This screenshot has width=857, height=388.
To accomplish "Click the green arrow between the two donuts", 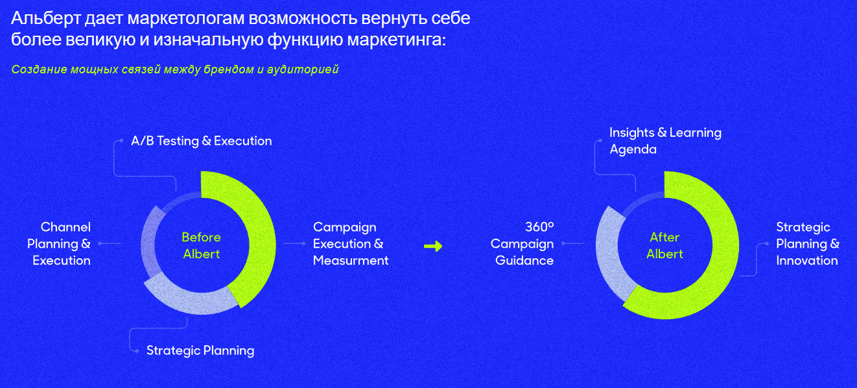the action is click(433, 247).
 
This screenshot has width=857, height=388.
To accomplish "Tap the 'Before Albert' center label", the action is click(201, 245).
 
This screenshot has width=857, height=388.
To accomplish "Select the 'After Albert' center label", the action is click(664, 245).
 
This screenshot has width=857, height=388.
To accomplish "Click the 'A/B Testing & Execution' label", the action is click(201, 141).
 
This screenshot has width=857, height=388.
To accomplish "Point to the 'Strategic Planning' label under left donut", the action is click(200, 350).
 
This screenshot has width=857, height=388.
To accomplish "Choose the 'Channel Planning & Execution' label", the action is click(59, 244).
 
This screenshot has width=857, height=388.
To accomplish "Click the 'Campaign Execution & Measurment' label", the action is click(351, 244).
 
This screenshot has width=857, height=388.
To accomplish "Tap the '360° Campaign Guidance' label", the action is click(522, 244).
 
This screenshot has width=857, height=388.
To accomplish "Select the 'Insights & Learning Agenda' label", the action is click(665, 141).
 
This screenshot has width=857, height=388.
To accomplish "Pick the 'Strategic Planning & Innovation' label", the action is click(808, 244).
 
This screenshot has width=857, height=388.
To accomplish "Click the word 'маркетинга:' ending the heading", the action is click(397, 40).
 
